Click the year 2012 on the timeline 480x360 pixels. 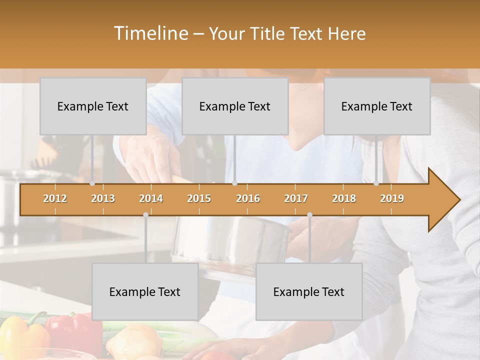pos(55,198)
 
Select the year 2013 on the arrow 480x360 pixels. pos(103,198)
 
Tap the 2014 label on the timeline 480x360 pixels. pos(151,198)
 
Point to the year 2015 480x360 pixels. pos(199,198)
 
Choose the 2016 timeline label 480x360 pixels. pos(248,198)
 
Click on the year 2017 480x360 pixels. pos(296,198)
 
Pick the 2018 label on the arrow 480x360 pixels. pos(344,198)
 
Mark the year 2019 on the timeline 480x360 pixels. pos(392,198)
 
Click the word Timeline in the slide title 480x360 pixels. pos(150,33)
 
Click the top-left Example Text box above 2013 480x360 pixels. pos(93,106)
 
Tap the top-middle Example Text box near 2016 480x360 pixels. pos(235,106)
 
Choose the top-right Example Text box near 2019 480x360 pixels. pos(377,106)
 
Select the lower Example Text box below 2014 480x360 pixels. pos(145,291)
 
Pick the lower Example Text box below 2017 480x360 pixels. pos(309,291)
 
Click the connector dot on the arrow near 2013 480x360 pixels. pos(92,183)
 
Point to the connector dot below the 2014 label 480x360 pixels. pos(145,214)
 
